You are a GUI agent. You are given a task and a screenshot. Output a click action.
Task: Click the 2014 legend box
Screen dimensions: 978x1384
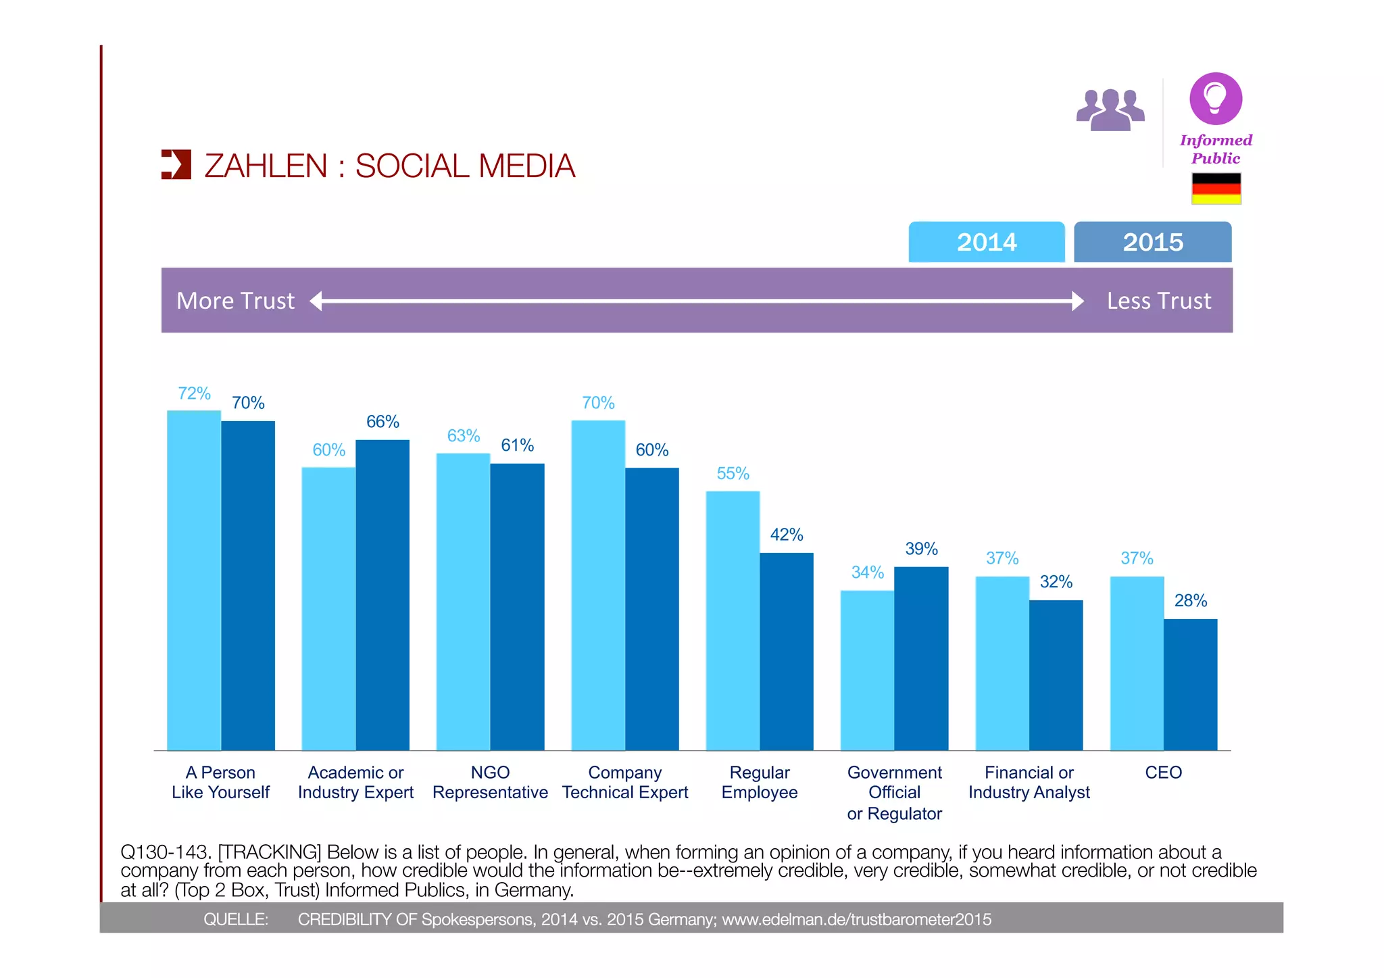[986, 242]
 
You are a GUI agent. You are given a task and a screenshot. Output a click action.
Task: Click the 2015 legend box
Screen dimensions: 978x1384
[1152, 242]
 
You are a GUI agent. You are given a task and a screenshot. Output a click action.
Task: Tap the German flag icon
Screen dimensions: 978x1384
[1216, 188]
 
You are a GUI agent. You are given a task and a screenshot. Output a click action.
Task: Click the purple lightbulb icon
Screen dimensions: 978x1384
[1215, 99]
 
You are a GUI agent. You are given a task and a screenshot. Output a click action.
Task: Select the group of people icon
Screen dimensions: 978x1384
[1110, 109]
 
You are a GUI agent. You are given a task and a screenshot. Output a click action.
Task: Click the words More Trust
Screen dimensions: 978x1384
[235, 301]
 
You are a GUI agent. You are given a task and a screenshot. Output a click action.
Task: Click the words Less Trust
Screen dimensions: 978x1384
[1158, 301]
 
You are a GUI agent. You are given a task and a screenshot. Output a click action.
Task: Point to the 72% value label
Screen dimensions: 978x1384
[194, 393]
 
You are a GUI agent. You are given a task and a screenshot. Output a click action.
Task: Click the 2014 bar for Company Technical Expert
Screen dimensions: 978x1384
[598, 585]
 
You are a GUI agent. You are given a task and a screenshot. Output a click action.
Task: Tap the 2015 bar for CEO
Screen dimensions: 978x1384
[1190, 684]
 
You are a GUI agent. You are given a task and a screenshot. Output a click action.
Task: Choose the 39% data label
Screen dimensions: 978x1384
[921, 549]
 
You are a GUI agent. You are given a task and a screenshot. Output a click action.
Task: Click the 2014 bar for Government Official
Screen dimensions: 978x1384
[867, 670]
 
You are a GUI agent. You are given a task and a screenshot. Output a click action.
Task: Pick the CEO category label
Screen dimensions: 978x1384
[1163, 773]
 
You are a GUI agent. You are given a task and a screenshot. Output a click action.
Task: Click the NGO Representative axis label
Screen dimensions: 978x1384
[490, 783]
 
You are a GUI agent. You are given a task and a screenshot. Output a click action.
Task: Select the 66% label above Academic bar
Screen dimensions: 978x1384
[382, 422]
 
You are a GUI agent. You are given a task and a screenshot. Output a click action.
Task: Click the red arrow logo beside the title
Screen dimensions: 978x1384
[176, 164]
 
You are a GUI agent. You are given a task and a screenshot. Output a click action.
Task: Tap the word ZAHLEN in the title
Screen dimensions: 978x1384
[266, 166]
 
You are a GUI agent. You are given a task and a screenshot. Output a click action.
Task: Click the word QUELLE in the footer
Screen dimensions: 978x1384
[236, 919]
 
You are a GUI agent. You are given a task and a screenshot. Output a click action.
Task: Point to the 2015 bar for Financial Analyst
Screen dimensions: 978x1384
[1056, 675]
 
